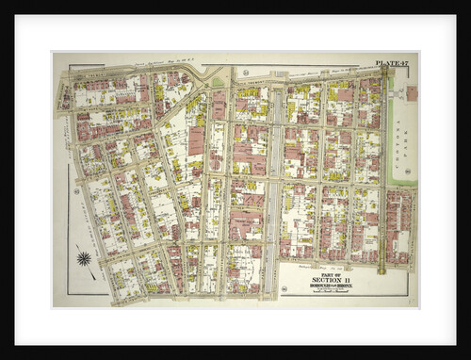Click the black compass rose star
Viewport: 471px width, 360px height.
(x=84, y=258)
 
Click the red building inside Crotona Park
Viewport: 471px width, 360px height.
(x=412, y=93)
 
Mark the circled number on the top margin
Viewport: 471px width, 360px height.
(x=244, y=72)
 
